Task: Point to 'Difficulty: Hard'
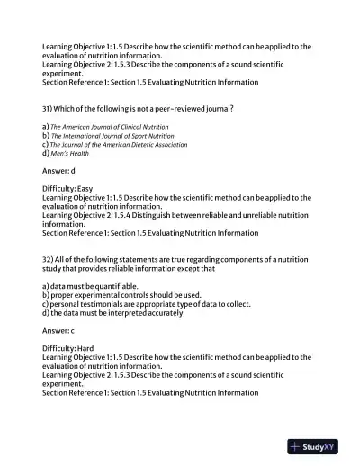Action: pos(67,348)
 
